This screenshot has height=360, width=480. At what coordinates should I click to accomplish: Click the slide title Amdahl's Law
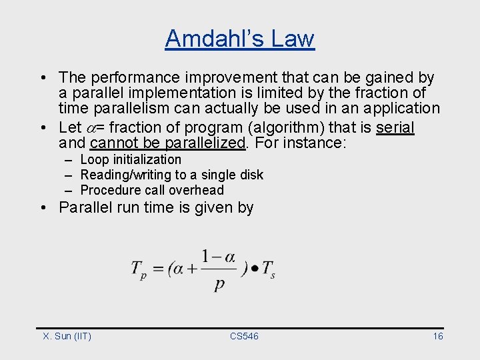(x=239, y=38)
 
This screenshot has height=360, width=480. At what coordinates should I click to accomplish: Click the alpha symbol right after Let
(x=91, y=127)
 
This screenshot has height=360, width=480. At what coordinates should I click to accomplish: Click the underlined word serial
(x=395, y=127)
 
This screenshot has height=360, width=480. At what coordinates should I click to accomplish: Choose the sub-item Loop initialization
(x=131, y=159)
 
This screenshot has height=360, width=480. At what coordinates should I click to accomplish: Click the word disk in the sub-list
(x=251, y=175)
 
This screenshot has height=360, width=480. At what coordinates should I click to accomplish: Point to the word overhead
(x=198, y=190)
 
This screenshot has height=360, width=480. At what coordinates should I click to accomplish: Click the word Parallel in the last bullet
(x=83, y=207)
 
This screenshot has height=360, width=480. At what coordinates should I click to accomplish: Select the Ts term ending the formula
(x=268, y=270)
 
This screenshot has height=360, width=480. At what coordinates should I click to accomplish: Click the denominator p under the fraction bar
(x=219, y=285)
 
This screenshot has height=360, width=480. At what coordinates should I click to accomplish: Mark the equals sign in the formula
(x=159, y=269)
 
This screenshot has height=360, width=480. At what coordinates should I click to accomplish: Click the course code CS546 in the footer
(x=244, y=336)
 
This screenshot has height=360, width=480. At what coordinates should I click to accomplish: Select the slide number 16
(x=437, y=336)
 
